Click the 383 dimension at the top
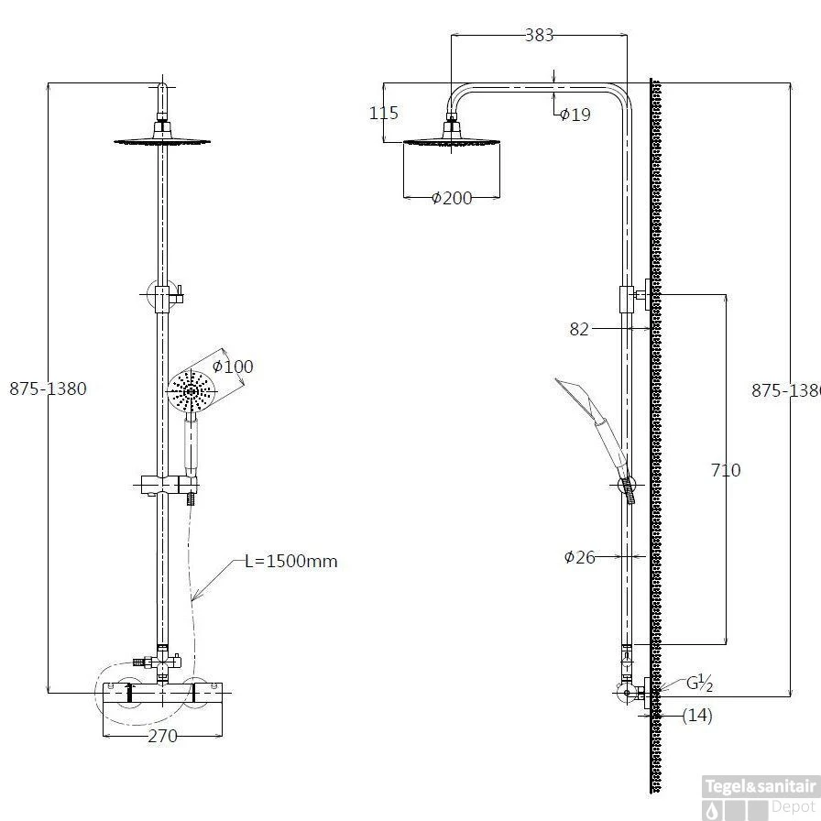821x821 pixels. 540,35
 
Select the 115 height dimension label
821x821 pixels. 384,113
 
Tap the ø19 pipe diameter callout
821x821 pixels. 575,115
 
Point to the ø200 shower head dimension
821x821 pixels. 452,198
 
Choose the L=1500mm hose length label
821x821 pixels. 291,561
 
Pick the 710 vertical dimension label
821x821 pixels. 726,470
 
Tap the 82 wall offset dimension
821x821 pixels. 579,329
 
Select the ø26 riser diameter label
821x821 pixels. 579,556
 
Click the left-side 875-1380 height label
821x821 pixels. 48,389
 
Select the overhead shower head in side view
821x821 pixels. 452,138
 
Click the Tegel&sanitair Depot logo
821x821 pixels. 760,797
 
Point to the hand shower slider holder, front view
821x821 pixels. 170,485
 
